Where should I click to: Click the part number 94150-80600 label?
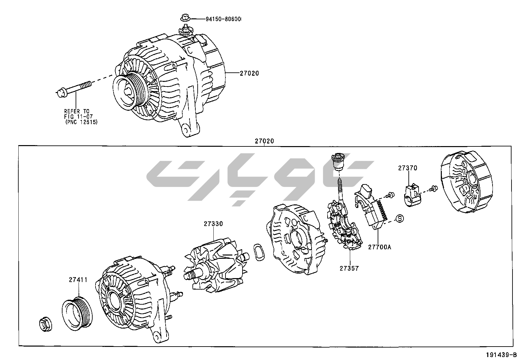tap(223, 19)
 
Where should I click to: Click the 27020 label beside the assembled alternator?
tap(249, 73)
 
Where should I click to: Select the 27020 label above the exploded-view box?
tap(264, 141)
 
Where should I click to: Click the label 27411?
tap(78, 280)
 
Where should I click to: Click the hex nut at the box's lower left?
tap(45, 324)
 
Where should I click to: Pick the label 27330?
tap(213, 224)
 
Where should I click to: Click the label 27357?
tap(349, 268)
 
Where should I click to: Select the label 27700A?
tap(379, 247)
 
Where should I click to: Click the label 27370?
tap(407, 168)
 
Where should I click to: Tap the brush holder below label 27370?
tap(412, 196)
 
